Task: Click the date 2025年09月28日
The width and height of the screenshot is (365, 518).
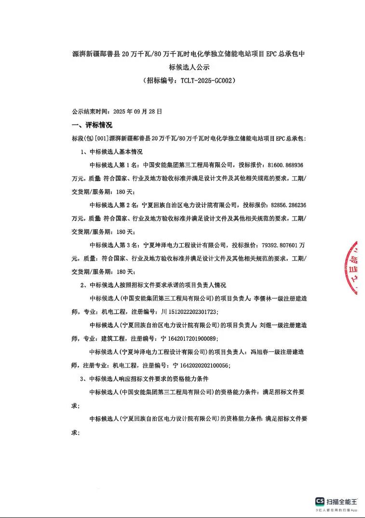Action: [x=137, y=111]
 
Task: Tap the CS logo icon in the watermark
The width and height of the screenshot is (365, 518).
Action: [x=320, y=501]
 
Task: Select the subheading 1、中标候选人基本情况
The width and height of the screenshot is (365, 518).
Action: [x=111, y=152]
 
